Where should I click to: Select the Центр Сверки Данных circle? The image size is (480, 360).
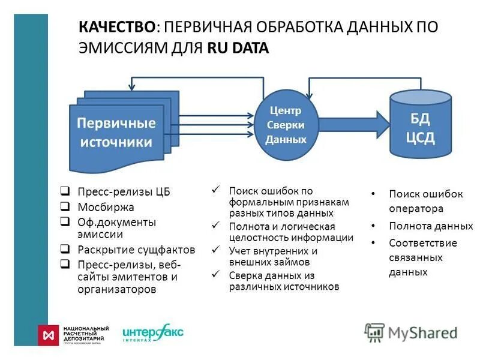[x=286, y=125]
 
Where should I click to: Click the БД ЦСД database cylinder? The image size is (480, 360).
[x=421, y=127]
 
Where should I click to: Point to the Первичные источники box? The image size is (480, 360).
[x=116, y=133]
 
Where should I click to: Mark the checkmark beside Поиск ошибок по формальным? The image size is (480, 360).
[x=217, y=190]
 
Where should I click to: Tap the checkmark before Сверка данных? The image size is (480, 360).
[x=217, y=275]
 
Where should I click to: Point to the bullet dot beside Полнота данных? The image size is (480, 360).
[x=373, y=227]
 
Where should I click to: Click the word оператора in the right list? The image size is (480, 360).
[x=416, y=209]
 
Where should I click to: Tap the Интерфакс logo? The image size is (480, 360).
[x=152, y=334]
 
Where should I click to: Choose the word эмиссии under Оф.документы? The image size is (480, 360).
[x=100, y=235]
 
